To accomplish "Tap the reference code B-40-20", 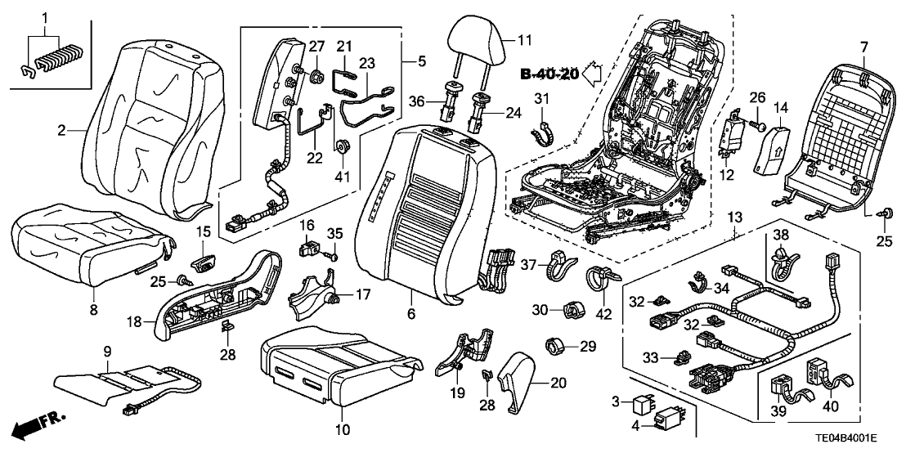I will coord(549,75).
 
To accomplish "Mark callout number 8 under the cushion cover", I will coord(93,309).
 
